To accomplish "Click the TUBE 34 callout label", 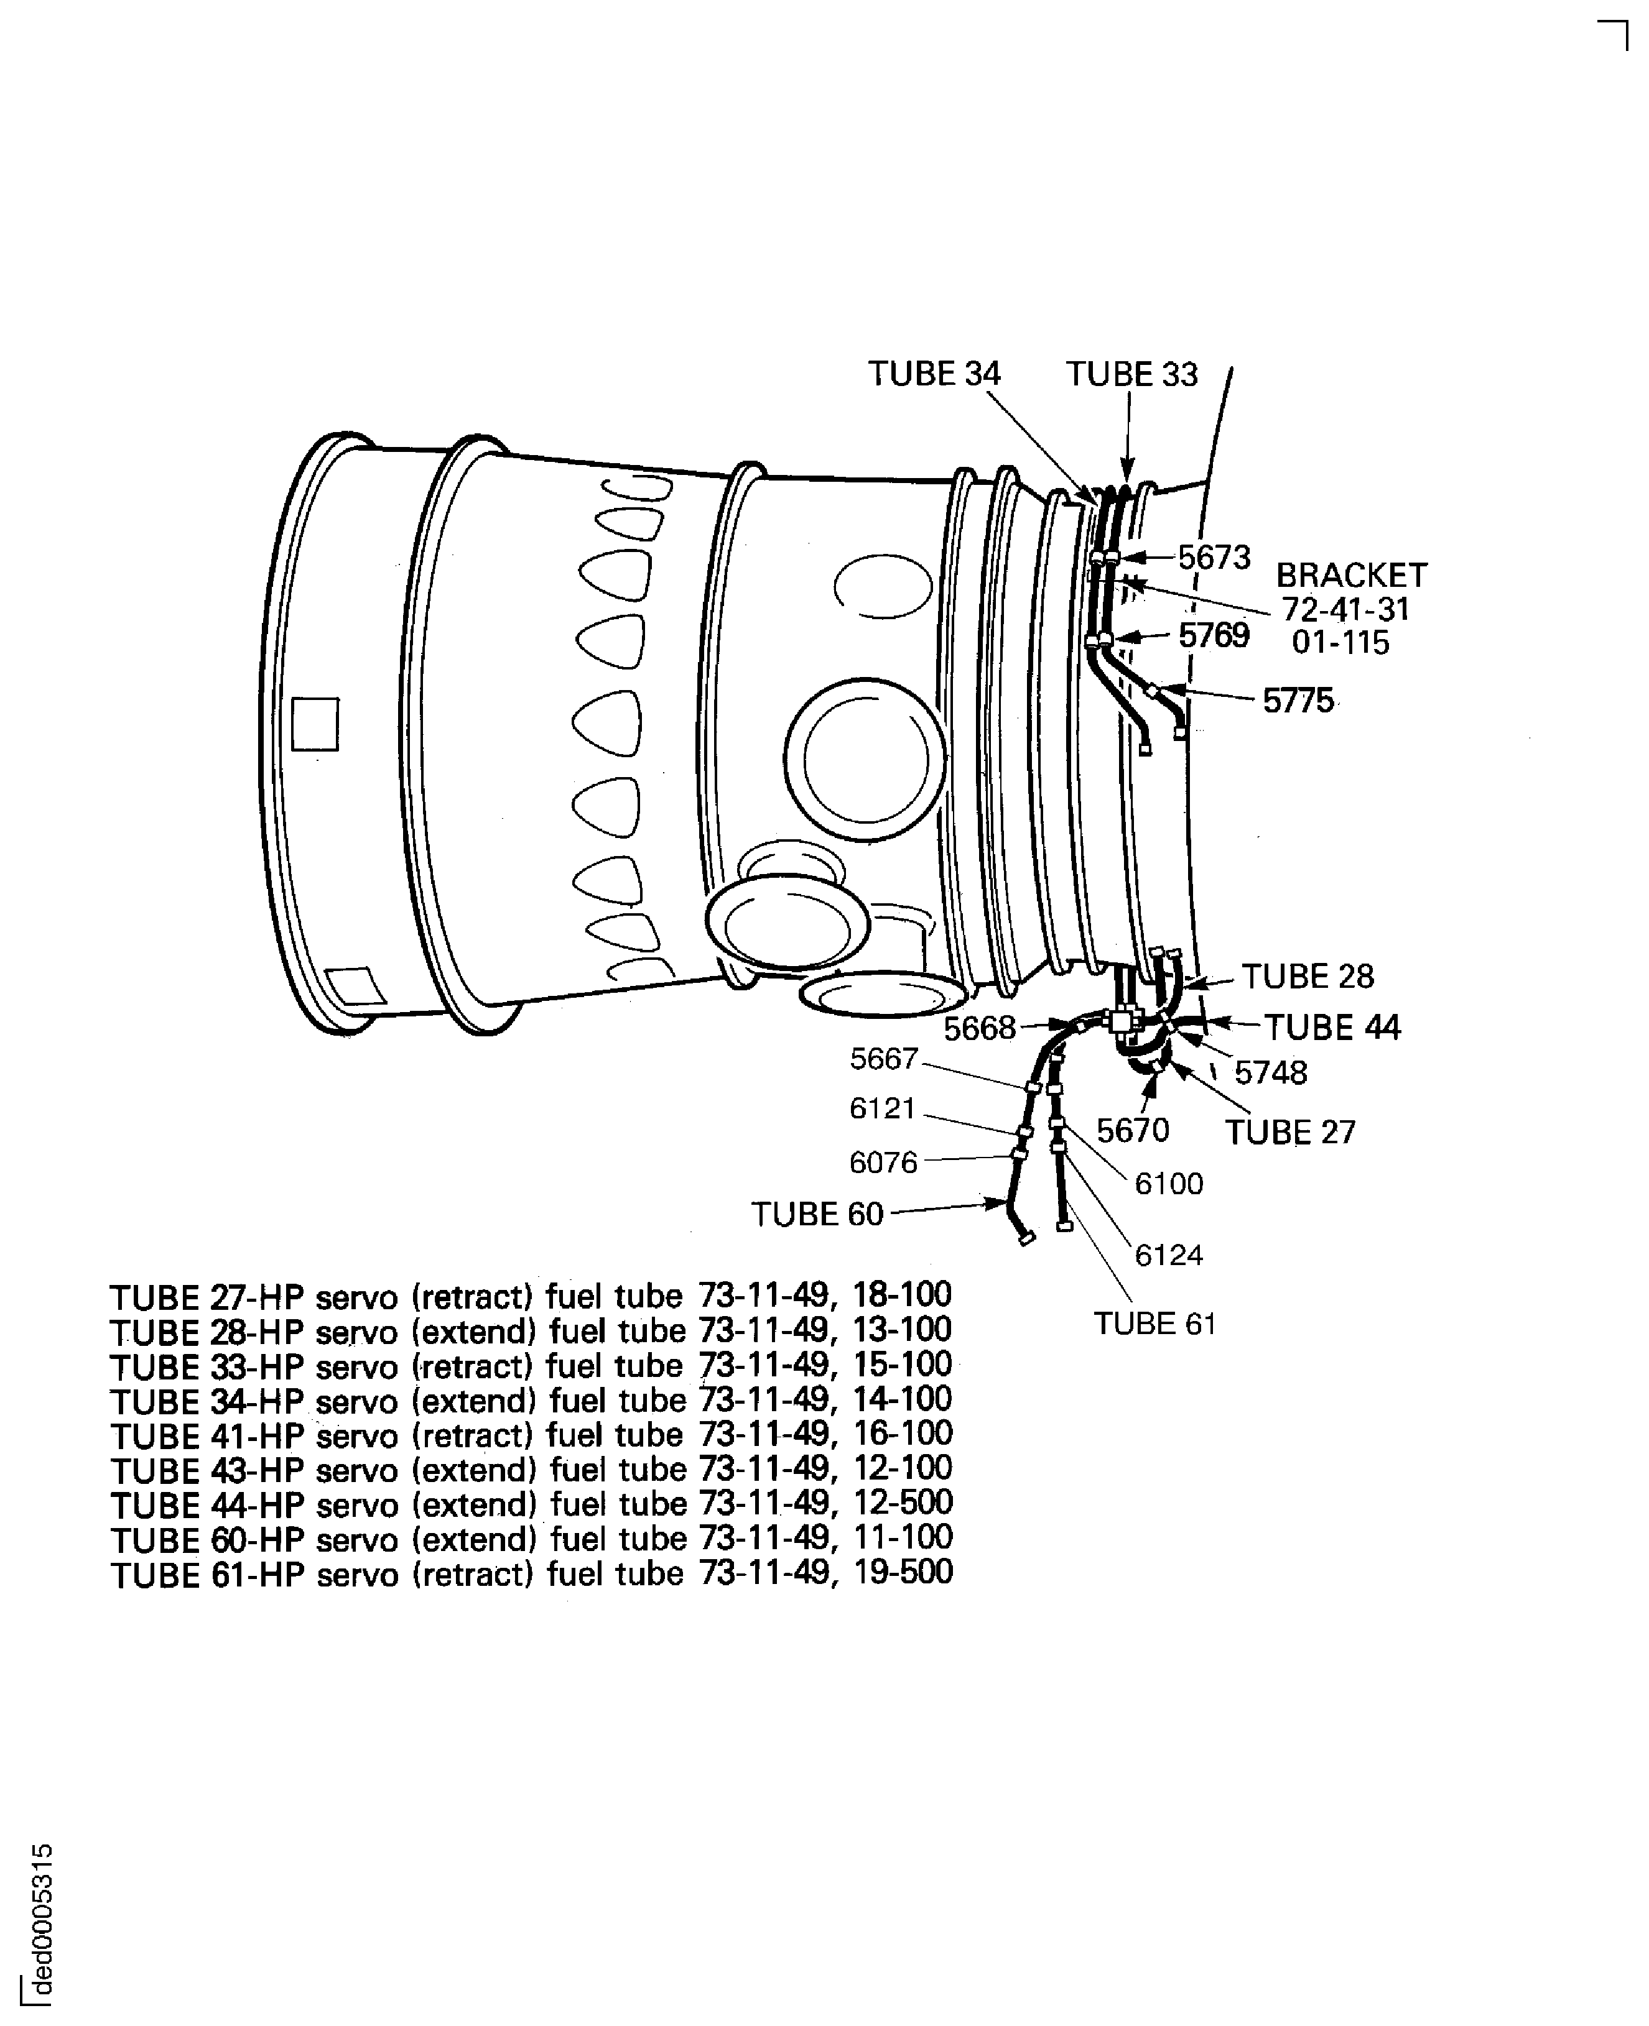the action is pyautogui.click(x=935, y=374).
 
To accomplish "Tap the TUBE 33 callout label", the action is pyautogui.click(x=1131, y=374).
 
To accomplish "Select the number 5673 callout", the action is pyautogui.click(x=1214, y=557).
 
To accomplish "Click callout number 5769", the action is pyautogui.click(x=1214, y=635).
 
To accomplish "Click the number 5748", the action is pyautogui.click(x=1271, y=1073).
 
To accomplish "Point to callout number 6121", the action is pyautogui.click(x=883, y=1108).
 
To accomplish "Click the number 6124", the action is pyautogui.click(x=1169, y=1255).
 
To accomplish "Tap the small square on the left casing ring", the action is pyautogui.click(x=315, y=724).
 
